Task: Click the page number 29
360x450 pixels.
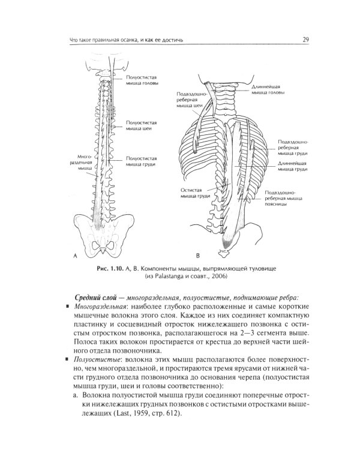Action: (x=305, y=40)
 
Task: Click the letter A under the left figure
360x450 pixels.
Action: (x=76, y=256)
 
